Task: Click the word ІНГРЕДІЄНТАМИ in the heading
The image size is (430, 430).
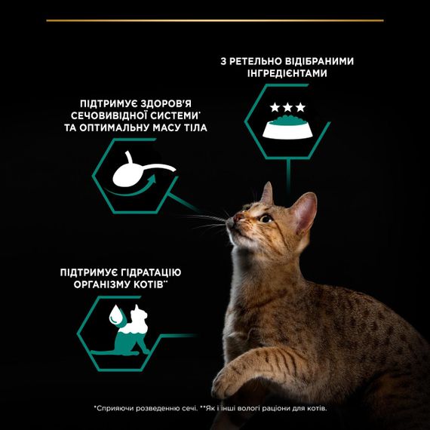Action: [287, 73]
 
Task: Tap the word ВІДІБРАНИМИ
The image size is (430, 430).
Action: [319, 61]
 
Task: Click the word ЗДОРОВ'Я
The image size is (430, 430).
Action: [166, 104]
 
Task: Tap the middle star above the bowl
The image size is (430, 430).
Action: [287, 107]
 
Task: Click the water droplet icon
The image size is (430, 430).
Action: [115, 315]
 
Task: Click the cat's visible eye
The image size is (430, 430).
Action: [266, 219]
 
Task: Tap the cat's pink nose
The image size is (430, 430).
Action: [238, 218]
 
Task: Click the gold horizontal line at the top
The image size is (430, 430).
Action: [215, 20]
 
